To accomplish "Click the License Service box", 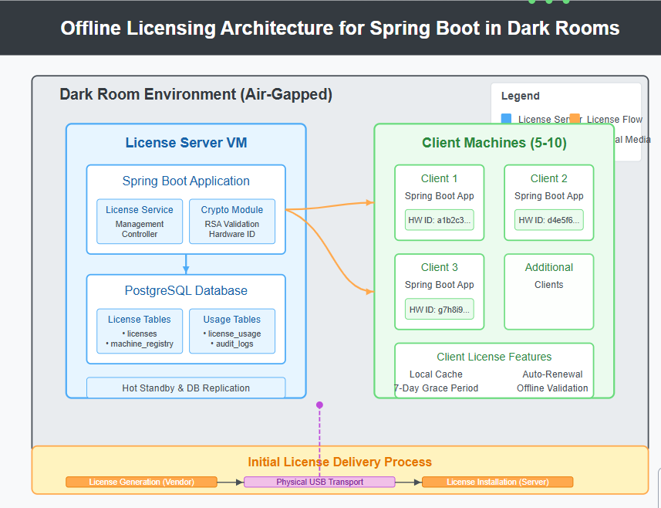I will (x=140, y=222).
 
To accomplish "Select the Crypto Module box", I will (x=232, y=222).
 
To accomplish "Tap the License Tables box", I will (x=140, y=331).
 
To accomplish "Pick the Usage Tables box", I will (x=232, y=331).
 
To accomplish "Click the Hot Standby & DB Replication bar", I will (x=186, y=388).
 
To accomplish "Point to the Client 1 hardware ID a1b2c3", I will (x=440, y=220).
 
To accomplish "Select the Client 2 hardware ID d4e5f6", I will (x=549, y=220).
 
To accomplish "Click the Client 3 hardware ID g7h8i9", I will (x=440, y=309).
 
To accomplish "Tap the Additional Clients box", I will (x=549, y=291).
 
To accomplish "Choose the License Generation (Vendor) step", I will (x=141, y=482).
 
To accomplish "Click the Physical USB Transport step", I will (x=319, y=482).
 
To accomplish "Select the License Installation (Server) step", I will (x=497, y=482).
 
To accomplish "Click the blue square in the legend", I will (x=507, y=119).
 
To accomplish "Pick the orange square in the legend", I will (x=575, y=119).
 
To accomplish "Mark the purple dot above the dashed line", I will (x=319, y=405).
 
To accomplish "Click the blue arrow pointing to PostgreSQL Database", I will (x=186, y=265).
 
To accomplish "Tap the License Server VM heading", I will (x=186, y=143).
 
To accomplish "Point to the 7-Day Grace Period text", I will (x=437, y=388).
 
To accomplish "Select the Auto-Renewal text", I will (x=552, y=374).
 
